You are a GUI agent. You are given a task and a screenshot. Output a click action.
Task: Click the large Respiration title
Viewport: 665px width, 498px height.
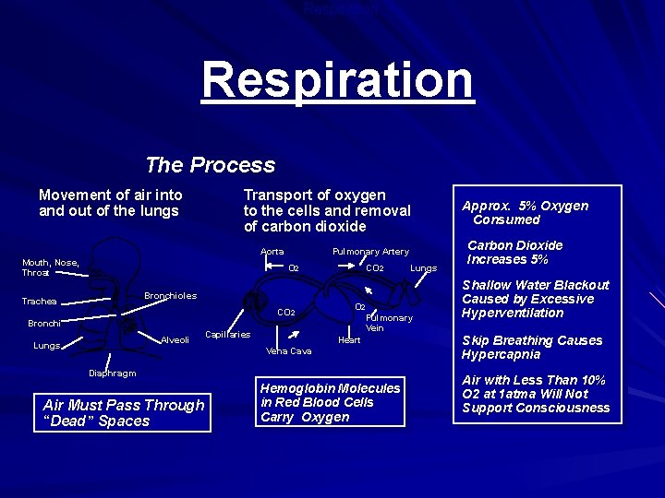point(337,80)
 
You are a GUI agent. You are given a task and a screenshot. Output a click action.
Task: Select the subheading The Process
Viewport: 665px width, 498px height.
point(210,165)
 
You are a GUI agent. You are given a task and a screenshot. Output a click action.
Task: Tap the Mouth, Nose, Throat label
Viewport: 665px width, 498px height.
point(51,267)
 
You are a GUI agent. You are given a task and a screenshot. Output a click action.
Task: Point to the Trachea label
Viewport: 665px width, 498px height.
point(40,302)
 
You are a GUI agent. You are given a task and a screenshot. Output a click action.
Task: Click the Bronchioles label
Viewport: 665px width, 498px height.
point(170,296)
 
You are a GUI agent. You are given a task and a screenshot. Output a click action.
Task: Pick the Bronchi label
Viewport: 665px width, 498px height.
point(44,324)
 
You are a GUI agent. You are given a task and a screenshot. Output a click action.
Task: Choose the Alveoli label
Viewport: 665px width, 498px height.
point(175,340)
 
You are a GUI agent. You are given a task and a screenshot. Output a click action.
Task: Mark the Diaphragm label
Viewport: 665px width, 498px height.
point(112,373)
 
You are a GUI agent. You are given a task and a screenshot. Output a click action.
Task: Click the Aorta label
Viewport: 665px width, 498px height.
point(272,252)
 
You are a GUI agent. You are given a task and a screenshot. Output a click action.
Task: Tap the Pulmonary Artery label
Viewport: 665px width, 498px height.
point(370,252)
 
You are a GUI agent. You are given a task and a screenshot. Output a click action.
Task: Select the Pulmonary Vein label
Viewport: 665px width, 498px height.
point(389,323)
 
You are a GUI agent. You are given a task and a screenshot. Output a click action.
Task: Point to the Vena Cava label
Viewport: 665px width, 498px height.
point(288,351)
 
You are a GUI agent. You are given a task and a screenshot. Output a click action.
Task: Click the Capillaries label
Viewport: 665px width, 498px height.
point(227,335)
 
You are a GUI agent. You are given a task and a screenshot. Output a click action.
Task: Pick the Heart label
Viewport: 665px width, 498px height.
point(349,340)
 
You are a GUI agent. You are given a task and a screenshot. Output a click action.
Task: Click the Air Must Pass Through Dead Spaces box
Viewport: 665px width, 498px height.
point(124,413)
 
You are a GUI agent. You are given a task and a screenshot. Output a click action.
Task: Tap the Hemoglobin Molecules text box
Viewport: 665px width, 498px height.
point(331,402)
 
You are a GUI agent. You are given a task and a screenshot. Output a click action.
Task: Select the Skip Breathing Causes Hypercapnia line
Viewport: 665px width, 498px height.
point(532,348)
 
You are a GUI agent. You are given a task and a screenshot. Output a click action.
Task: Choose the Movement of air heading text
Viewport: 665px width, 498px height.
point(110,203)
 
